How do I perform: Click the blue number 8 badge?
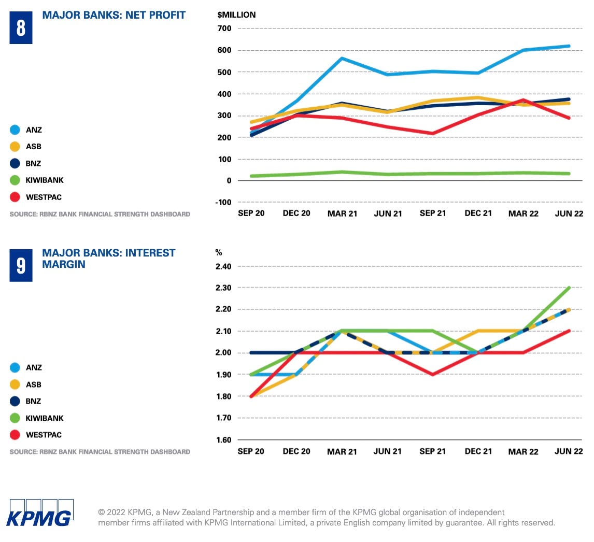tap(21, 27)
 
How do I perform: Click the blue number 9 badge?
tap(21, 265)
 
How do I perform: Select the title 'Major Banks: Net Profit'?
tap(114, 15)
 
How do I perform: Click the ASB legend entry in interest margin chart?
tap(33, 384)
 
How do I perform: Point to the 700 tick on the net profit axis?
tap(224, 28)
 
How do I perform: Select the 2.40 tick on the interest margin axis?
tap(222, 266)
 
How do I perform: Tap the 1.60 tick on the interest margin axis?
tap(222, 440)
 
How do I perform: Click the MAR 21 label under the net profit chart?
tap(342, 213)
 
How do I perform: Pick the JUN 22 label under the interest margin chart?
tap(569, 451)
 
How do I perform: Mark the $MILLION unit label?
tap(236, 15)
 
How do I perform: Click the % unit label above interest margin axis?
tap(219, 252)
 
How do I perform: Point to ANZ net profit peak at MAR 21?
tap(342, 58)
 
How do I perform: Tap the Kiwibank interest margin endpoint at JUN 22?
tap(569, 288)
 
